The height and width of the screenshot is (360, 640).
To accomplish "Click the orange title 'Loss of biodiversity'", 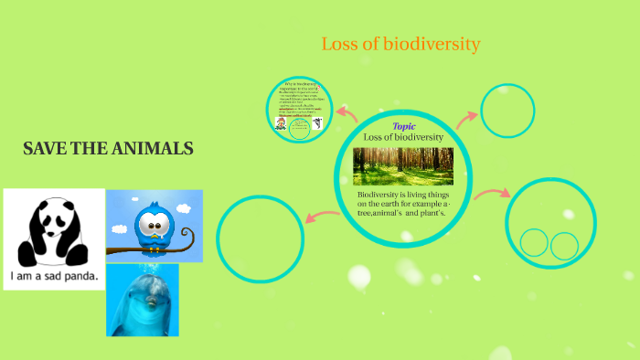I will [x=400, y=44].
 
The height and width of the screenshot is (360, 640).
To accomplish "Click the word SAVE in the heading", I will [x=44, y=149].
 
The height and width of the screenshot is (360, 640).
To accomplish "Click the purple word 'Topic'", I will [x=403, y=126].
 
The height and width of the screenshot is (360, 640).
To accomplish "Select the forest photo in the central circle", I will [x=402, y=165].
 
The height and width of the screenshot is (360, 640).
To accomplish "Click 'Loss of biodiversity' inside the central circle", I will [x=403, y=137].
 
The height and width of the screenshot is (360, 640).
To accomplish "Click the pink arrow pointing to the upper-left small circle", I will [x=347, y=113].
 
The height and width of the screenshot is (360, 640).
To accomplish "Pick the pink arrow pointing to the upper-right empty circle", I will [x=466, y=116].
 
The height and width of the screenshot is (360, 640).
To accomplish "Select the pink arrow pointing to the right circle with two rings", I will [x=491, y=193].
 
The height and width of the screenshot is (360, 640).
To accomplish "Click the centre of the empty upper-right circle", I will [x=507, y=111].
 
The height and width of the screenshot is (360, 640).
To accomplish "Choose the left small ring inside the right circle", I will [x=534, y=242].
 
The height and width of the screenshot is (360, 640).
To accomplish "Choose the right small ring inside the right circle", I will [x=564, y=245].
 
